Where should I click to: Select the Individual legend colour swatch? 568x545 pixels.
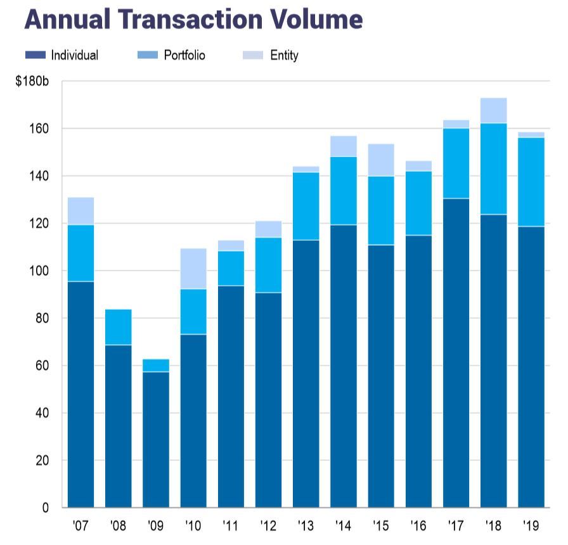[35, 55]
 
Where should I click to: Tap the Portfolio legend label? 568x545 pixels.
[184, 55]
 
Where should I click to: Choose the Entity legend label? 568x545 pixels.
[284, 55]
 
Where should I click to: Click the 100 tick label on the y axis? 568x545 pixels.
[41, 271]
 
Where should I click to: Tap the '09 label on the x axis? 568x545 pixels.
[155, 526]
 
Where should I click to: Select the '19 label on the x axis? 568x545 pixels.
[531, 526]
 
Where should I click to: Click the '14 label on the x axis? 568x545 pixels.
[343, 526]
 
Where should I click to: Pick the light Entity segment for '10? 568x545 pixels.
[193, 269]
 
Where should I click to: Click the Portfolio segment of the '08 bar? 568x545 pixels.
[118, 327]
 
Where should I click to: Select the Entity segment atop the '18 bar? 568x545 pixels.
[493, 110]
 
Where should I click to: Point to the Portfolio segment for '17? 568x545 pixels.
[456, 163]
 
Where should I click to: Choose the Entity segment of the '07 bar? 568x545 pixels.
[81, 211]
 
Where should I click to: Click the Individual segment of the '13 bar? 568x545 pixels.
[306, 374]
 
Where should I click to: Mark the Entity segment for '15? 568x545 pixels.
[380, 160]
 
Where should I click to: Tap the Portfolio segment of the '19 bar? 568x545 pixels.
[531, 182]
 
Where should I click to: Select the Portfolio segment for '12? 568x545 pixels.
[268, 265]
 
